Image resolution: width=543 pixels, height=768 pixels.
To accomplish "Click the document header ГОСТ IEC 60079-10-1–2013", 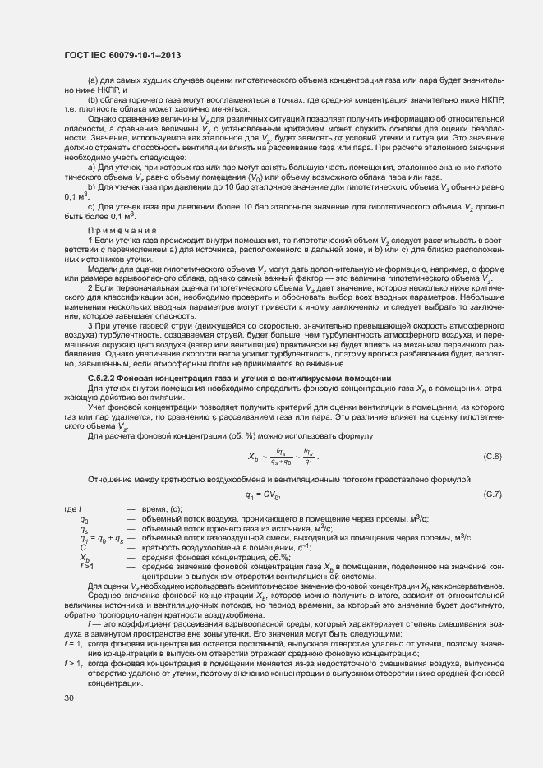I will [122, 56].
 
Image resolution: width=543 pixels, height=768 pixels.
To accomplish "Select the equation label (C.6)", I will [492, 456].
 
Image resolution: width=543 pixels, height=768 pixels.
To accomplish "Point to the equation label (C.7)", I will [492, 494].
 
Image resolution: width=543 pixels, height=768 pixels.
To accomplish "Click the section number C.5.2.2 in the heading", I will [105, 378].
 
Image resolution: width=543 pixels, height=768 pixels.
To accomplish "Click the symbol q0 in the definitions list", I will [84, 520].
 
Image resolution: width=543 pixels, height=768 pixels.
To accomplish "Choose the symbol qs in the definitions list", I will [84, 529].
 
